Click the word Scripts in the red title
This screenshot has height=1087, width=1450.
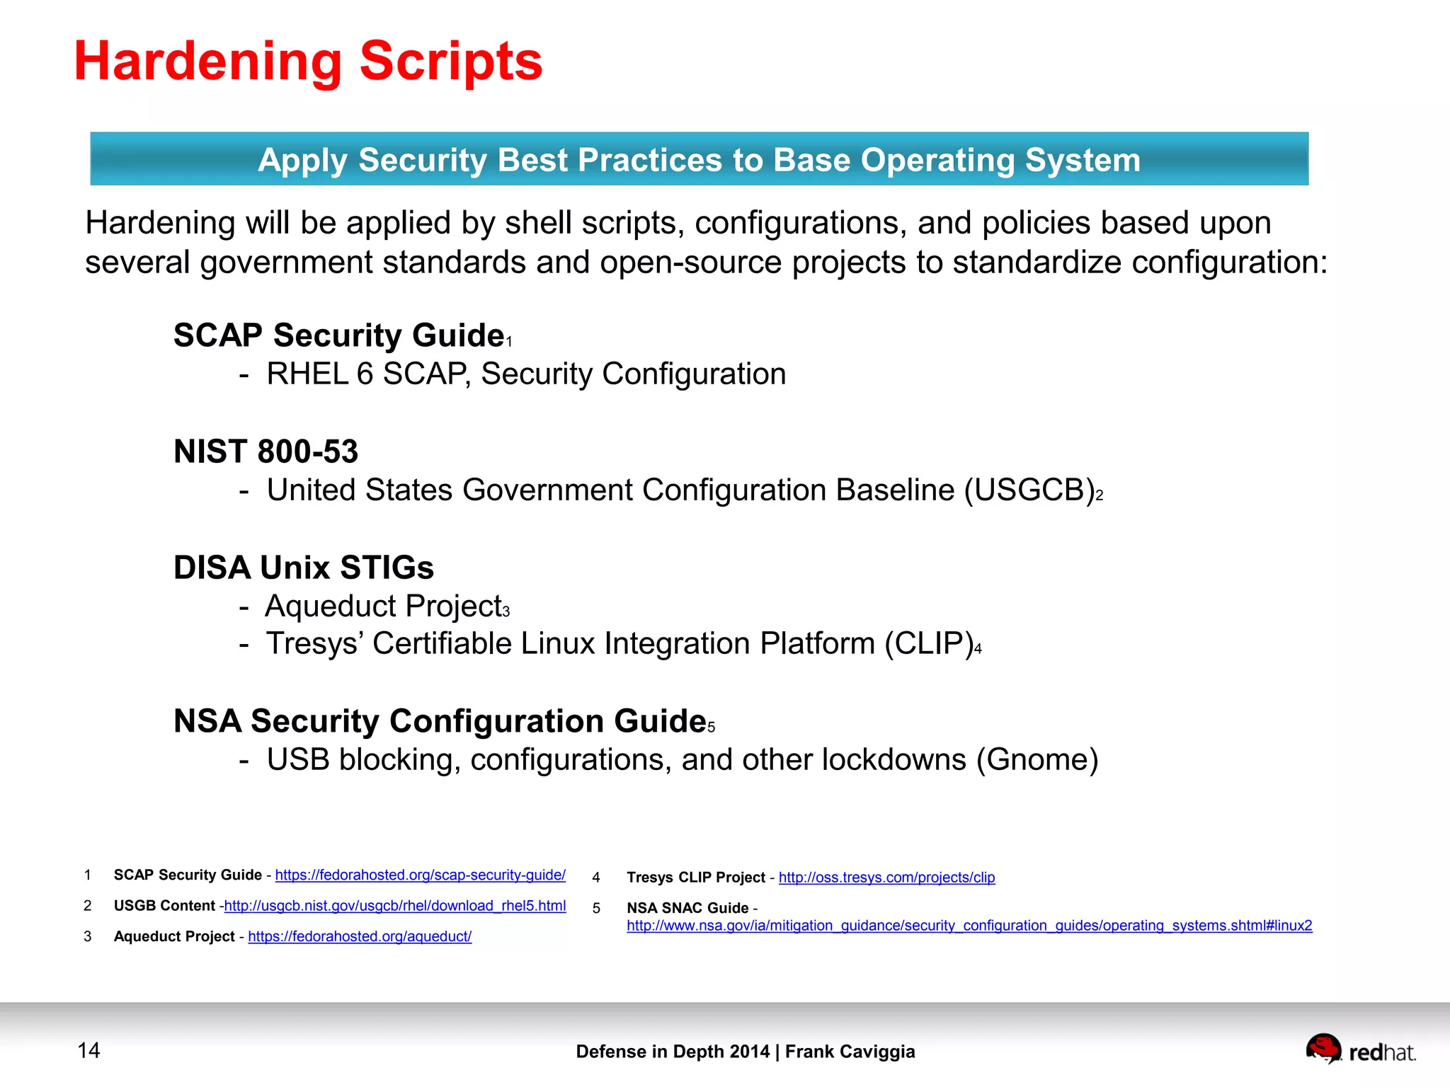[450, 62]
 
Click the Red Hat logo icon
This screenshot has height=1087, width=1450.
[1323, 1048]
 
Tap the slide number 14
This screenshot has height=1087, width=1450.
[89, 1050]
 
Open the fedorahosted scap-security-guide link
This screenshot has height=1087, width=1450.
[420, 875]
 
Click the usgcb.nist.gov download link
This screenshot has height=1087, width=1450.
[395, 906]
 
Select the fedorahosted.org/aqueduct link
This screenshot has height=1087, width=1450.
[360, 936]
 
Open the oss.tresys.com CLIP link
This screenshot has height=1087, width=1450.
[886, 878]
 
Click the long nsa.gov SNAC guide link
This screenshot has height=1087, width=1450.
[969, 926]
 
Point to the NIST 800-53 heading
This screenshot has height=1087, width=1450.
[266, 452]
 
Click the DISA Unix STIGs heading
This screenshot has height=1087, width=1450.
[304, 568]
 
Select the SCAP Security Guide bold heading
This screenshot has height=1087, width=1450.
[338, 335]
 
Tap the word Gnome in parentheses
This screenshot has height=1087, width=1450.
[1037, 760]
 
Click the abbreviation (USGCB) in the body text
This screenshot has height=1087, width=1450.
[1029, 490]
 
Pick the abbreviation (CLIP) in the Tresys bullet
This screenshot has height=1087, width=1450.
[929, 644]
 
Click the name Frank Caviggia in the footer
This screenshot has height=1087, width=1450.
[850, 1052]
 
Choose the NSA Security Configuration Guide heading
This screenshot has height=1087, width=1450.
[440, 721]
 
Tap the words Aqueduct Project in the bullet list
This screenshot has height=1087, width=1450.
[383, 606]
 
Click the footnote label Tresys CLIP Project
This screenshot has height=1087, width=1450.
[696, 878]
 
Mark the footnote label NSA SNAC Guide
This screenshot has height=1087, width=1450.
[687, 908]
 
